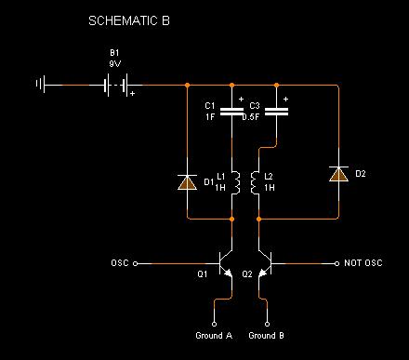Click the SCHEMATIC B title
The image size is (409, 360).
129,20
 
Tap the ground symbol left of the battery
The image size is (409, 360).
41,84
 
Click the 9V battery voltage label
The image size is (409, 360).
115,64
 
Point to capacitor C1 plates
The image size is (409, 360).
231,112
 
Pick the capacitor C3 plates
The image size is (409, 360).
276,112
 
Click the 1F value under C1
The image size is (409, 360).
210,117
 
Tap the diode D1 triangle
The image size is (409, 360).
187,182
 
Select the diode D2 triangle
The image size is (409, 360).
338,174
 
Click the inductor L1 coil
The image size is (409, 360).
236,183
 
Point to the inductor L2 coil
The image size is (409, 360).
255,183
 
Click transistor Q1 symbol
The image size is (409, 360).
226,264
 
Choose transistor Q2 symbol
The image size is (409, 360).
265,264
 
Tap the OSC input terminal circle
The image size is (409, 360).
135,264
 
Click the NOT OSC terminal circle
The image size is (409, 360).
336,264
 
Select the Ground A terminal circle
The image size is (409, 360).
214,324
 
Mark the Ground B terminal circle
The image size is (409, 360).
268,324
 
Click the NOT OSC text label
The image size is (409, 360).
363,263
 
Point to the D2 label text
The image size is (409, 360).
361,174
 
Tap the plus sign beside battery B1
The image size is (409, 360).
132,93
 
